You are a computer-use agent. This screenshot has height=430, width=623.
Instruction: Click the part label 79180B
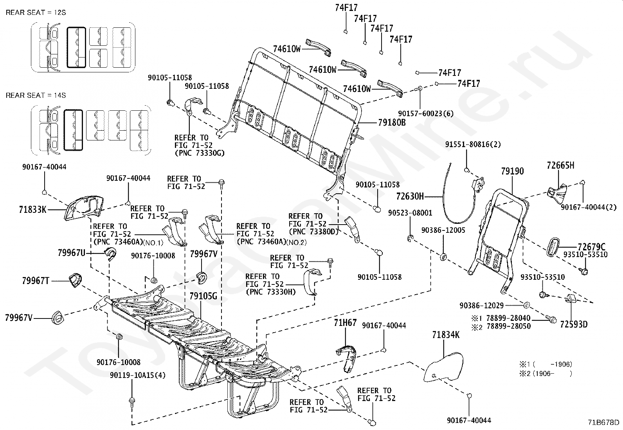[x=392, y=122]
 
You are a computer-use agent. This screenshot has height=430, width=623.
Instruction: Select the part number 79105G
[x=203, y=296]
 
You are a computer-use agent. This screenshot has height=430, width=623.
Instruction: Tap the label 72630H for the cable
[x=410, y=196]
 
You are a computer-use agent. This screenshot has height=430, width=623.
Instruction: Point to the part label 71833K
[x=33, y=209]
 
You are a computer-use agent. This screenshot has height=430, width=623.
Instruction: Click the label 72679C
[x=592, y=247]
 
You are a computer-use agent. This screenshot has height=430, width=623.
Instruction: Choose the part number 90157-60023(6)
[x=425, y=113]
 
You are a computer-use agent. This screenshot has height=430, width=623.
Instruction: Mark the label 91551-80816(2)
[x=473, y=144]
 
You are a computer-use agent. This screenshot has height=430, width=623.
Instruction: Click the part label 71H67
[x=345, y=323]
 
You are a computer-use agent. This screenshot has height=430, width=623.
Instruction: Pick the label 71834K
[x=446, y=335]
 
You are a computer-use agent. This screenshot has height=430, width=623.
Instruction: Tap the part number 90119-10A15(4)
[x=138, y=375]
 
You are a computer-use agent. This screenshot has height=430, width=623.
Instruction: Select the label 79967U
[x=72, y=253]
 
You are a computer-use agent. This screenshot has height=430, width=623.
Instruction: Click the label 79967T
[x=36, y=281]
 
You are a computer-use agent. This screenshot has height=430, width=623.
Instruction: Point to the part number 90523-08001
[x=410, y=213]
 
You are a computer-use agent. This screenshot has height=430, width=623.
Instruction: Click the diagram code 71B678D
[x=603, y=422]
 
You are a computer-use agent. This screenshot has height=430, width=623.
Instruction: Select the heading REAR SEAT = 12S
[x=36, y=13]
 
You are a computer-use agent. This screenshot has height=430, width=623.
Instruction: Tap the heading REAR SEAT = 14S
[x=36, y=95]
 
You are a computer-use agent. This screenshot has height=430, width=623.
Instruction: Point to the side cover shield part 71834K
[x=444, y=367]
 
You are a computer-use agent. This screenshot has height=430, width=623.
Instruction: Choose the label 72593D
[x=574, y=324]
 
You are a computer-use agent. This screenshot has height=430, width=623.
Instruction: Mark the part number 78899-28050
[x=509, y=326]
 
